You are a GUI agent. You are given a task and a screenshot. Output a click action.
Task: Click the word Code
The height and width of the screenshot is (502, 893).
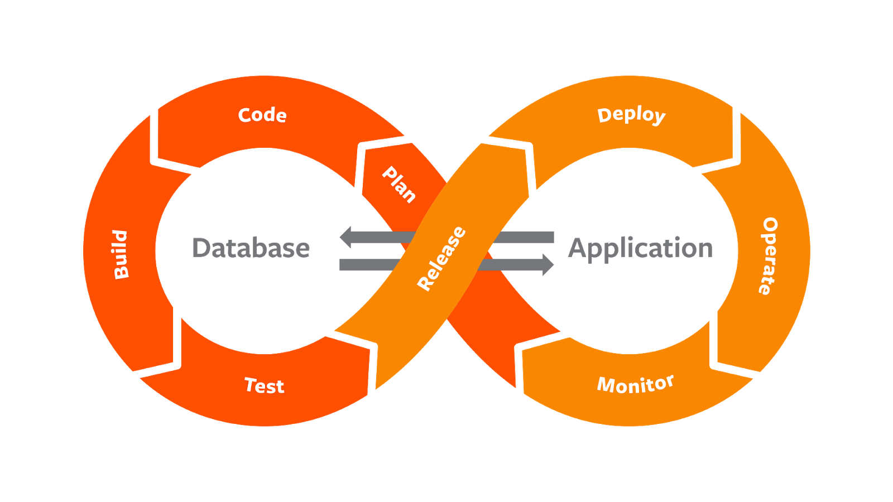[262, 115]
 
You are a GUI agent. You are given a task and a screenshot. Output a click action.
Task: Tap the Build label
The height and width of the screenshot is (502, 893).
[121, 254]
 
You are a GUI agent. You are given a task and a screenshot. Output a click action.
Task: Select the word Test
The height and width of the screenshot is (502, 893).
[265, 385]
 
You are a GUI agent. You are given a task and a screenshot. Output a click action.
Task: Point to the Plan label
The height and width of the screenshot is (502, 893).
[399, 184]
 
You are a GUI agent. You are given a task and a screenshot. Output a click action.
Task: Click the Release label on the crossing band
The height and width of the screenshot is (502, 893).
[441, 258]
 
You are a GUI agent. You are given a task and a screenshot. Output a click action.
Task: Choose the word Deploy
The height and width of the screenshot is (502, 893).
[631, 115]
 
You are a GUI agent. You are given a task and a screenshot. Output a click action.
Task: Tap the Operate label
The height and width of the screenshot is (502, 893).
[769, 255]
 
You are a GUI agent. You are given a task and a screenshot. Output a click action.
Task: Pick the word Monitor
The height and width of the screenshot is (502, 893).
[635, 384]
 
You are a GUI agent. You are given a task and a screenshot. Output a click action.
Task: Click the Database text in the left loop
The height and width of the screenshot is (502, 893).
[251, 248]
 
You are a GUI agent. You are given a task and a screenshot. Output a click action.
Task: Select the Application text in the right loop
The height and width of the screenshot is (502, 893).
[641, 248]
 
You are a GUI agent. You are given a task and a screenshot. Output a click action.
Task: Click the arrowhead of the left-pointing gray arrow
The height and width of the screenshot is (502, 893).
[347, 238]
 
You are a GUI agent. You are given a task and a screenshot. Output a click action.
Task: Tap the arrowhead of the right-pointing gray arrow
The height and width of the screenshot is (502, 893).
[546, 264]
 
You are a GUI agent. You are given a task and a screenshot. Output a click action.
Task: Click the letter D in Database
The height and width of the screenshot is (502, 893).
[200, 248]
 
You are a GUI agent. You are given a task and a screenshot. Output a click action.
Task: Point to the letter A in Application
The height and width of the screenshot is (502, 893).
[578, 248]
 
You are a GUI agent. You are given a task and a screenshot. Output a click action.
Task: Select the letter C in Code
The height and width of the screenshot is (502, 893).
[245, 115]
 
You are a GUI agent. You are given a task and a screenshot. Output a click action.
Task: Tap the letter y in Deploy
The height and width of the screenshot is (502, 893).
[659, 117]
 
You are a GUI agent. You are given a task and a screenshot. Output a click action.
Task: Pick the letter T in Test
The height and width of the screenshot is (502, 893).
[251, 384]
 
